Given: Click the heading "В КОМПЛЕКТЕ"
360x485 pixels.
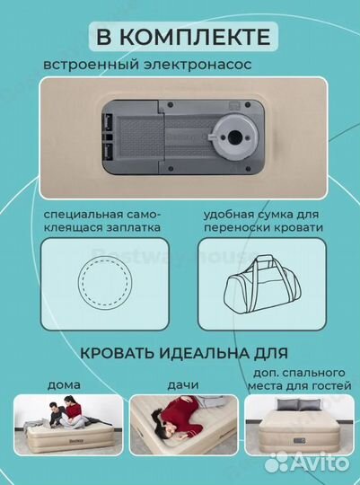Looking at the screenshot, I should click(180, 37).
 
